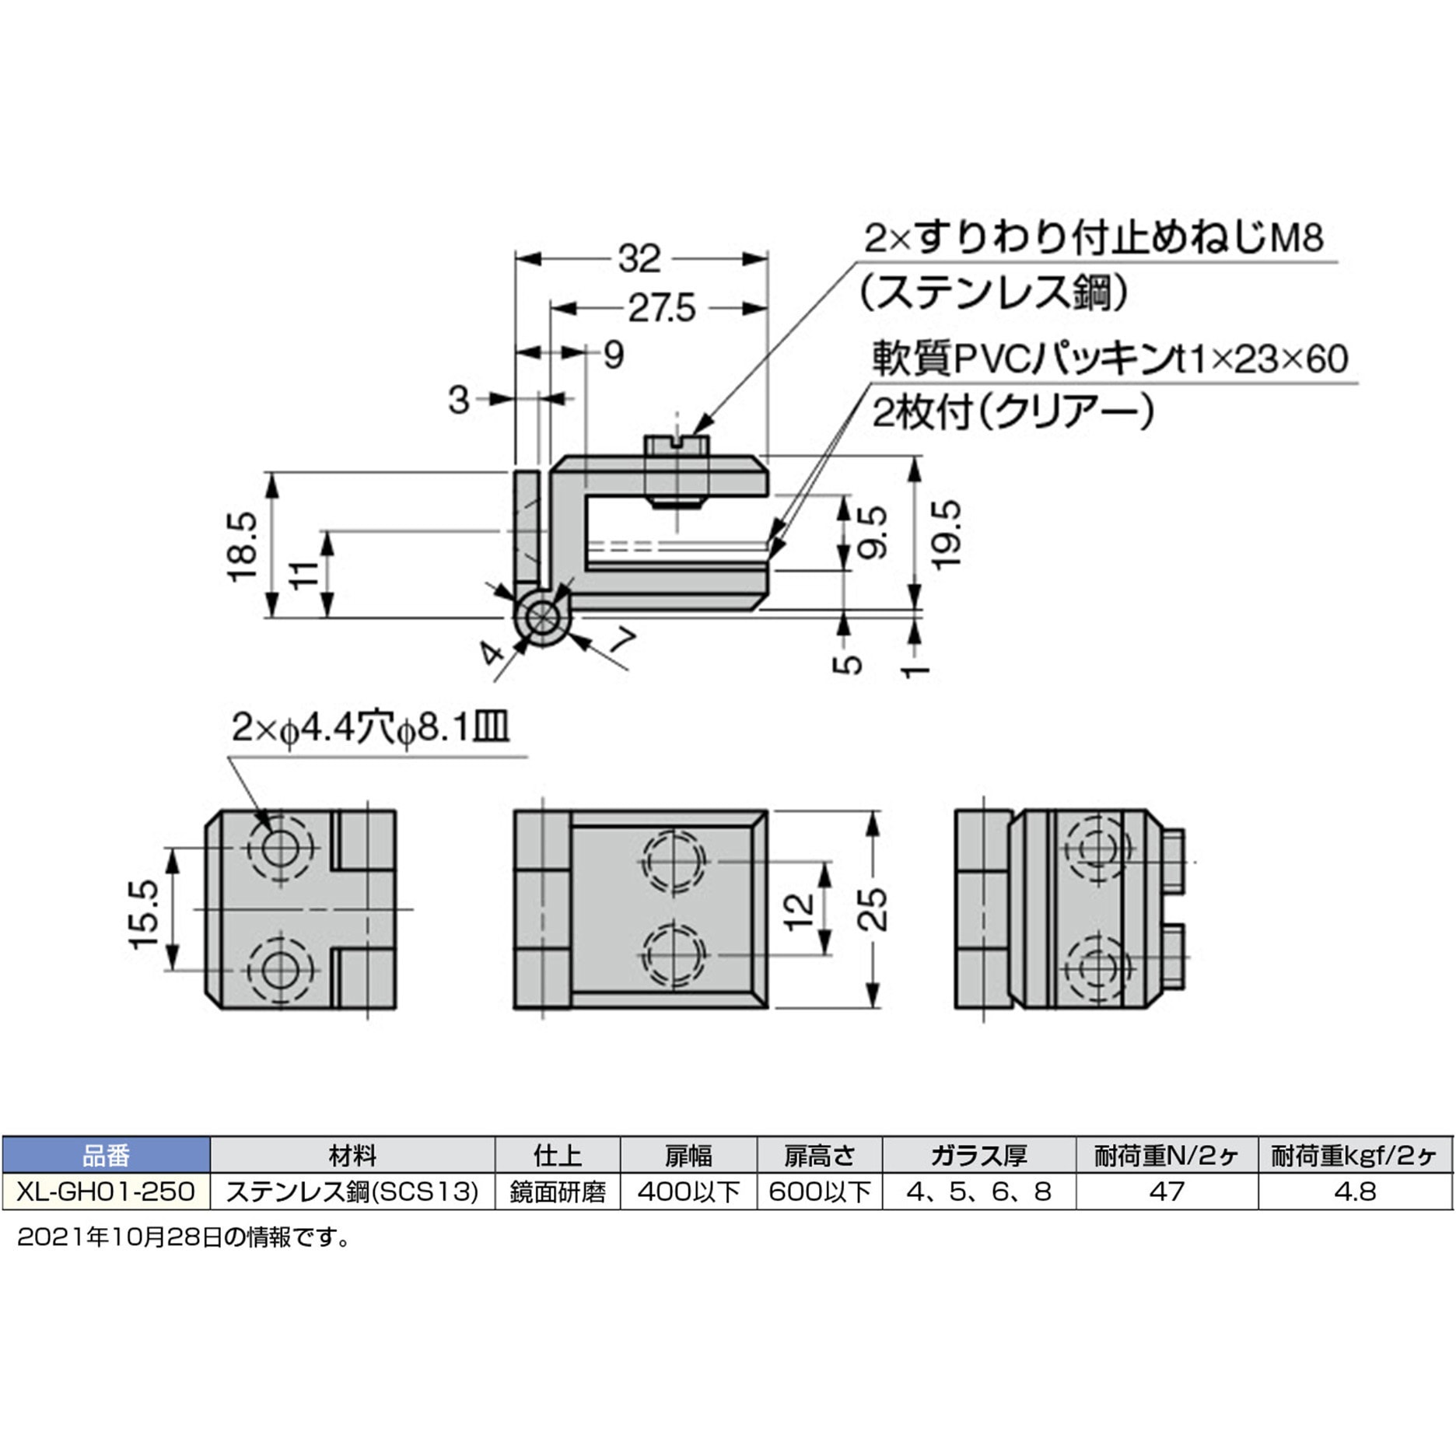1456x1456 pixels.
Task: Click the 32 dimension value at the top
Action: pos(639,259)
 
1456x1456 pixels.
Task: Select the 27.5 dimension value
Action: pos(661,310)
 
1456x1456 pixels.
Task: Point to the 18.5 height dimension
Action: pos(242,546)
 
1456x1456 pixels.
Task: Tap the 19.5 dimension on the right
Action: pos(946,535)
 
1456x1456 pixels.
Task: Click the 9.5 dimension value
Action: pos(872,532)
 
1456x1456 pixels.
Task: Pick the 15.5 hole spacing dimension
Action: pos(145,914)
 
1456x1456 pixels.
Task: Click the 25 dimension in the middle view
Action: pos(872,909)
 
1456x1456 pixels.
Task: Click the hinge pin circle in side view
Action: pos(541,618)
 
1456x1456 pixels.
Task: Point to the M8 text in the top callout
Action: pos(1297,238)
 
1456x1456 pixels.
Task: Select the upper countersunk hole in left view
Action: pos(279,848)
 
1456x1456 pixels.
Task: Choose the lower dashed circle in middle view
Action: pos(674,954)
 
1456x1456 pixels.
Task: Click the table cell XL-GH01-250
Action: pos(106,1192)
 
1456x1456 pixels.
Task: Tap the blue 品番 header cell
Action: pos(106,1156)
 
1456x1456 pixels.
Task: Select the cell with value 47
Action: pos(1166,1192)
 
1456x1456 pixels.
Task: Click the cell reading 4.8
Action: pos(1354,1192)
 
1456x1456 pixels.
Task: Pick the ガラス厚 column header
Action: pos(978,1156)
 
